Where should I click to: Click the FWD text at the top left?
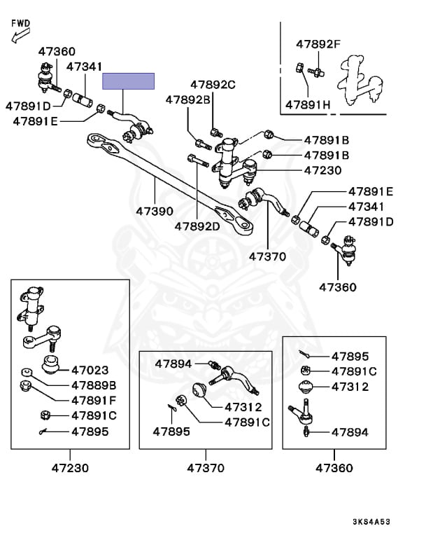click(x=21, y=23)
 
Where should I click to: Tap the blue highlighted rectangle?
click(x=129, y=81)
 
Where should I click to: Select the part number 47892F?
click(x=318, y=44)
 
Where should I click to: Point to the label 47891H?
click(x=308, y=105)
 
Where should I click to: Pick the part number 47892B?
click(x=187, y=99)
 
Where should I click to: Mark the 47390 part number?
click(x=155, y=209)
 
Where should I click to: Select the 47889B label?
click(x=94, y=385)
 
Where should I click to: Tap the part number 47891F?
click(x=94, y=400)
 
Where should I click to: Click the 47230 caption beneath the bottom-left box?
click(x=70, y=467)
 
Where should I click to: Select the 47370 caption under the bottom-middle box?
click(x=206, y=467)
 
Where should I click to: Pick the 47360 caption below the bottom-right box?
click(x=335, y=467)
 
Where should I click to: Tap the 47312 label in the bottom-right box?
click(x=350, y=387)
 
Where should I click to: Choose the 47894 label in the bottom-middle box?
click(x=173, y=364)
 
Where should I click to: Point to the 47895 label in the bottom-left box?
click(x=90, y=432)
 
